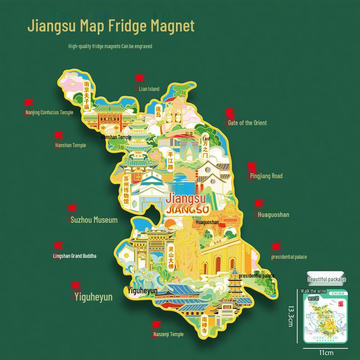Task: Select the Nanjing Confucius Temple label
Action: click(x=49, y=112)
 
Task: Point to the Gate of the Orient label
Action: click(x=247, y=123)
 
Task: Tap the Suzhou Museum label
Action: click(x=94, y=220)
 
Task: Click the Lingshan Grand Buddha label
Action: click(x=75, y=256)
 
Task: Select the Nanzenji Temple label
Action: click(x=168, y=334)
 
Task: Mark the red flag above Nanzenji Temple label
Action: click(x=156, y=324)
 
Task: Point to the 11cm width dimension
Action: click(x=326, y=352)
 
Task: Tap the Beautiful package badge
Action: click(x=326, y=279)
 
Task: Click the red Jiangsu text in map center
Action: click(x=186, y=198)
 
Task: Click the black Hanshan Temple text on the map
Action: click(x=116, y=137)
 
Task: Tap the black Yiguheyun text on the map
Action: click(x=142, y=291)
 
